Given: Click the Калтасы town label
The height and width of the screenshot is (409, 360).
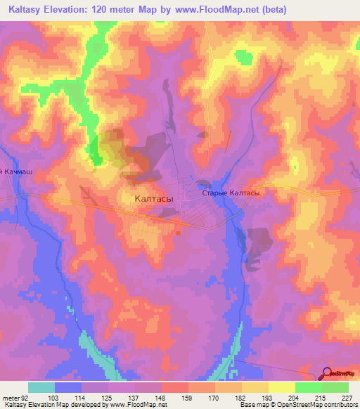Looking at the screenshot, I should point(154,199).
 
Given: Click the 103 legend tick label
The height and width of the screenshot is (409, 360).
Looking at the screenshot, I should point(54,398).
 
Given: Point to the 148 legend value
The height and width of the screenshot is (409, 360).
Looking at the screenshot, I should point(162,398).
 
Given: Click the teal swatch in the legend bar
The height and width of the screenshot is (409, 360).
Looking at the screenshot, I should point(41,387).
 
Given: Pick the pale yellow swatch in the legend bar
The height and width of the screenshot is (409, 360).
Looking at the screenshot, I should point(282,387).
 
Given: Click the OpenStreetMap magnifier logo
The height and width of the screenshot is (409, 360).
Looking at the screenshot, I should point(327,373).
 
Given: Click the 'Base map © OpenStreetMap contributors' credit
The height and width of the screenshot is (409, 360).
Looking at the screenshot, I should point(297,405).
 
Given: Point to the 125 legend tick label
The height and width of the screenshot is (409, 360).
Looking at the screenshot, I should point(108,398).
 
